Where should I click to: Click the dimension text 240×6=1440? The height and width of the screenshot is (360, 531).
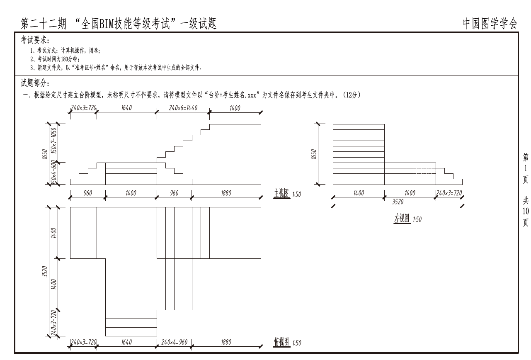coord(183,108)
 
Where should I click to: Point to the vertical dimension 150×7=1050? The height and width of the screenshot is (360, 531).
coord(54,141)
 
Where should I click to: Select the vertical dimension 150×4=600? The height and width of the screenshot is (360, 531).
coord(54,173)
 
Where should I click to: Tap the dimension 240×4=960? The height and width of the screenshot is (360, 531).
coord(174,342)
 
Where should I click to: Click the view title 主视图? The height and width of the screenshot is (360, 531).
coord(281,193)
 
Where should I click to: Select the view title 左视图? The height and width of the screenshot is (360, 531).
coord(402,218)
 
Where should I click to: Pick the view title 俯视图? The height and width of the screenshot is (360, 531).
coord(281,342)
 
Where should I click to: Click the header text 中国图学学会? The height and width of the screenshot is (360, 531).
coord(490,24)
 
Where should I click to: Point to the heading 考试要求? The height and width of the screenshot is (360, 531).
coord(34,40)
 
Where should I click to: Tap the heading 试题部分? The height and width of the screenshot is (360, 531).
coord(34,83)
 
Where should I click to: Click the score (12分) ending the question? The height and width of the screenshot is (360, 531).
coord(352,95)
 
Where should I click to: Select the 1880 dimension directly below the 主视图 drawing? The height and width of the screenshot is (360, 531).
coord(226,193)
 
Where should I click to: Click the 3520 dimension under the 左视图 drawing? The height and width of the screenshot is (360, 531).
coord(398,202)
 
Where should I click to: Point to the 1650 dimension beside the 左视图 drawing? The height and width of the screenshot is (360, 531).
coord(314,154)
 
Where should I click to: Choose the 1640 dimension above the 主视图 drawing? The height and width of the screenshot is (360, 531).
coord(126,108)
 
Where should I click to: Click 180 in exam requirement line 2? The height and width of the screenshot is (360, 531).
coord(65,59)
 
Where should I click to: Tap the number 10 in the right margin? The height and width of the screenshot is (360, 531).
coord(526,211)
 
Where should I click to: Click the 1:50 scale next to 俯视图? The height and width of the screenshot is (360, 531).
coord(296,343)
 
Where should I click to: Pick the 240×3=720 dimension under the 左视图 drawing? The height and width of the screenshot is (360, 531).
coord(449,193)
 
